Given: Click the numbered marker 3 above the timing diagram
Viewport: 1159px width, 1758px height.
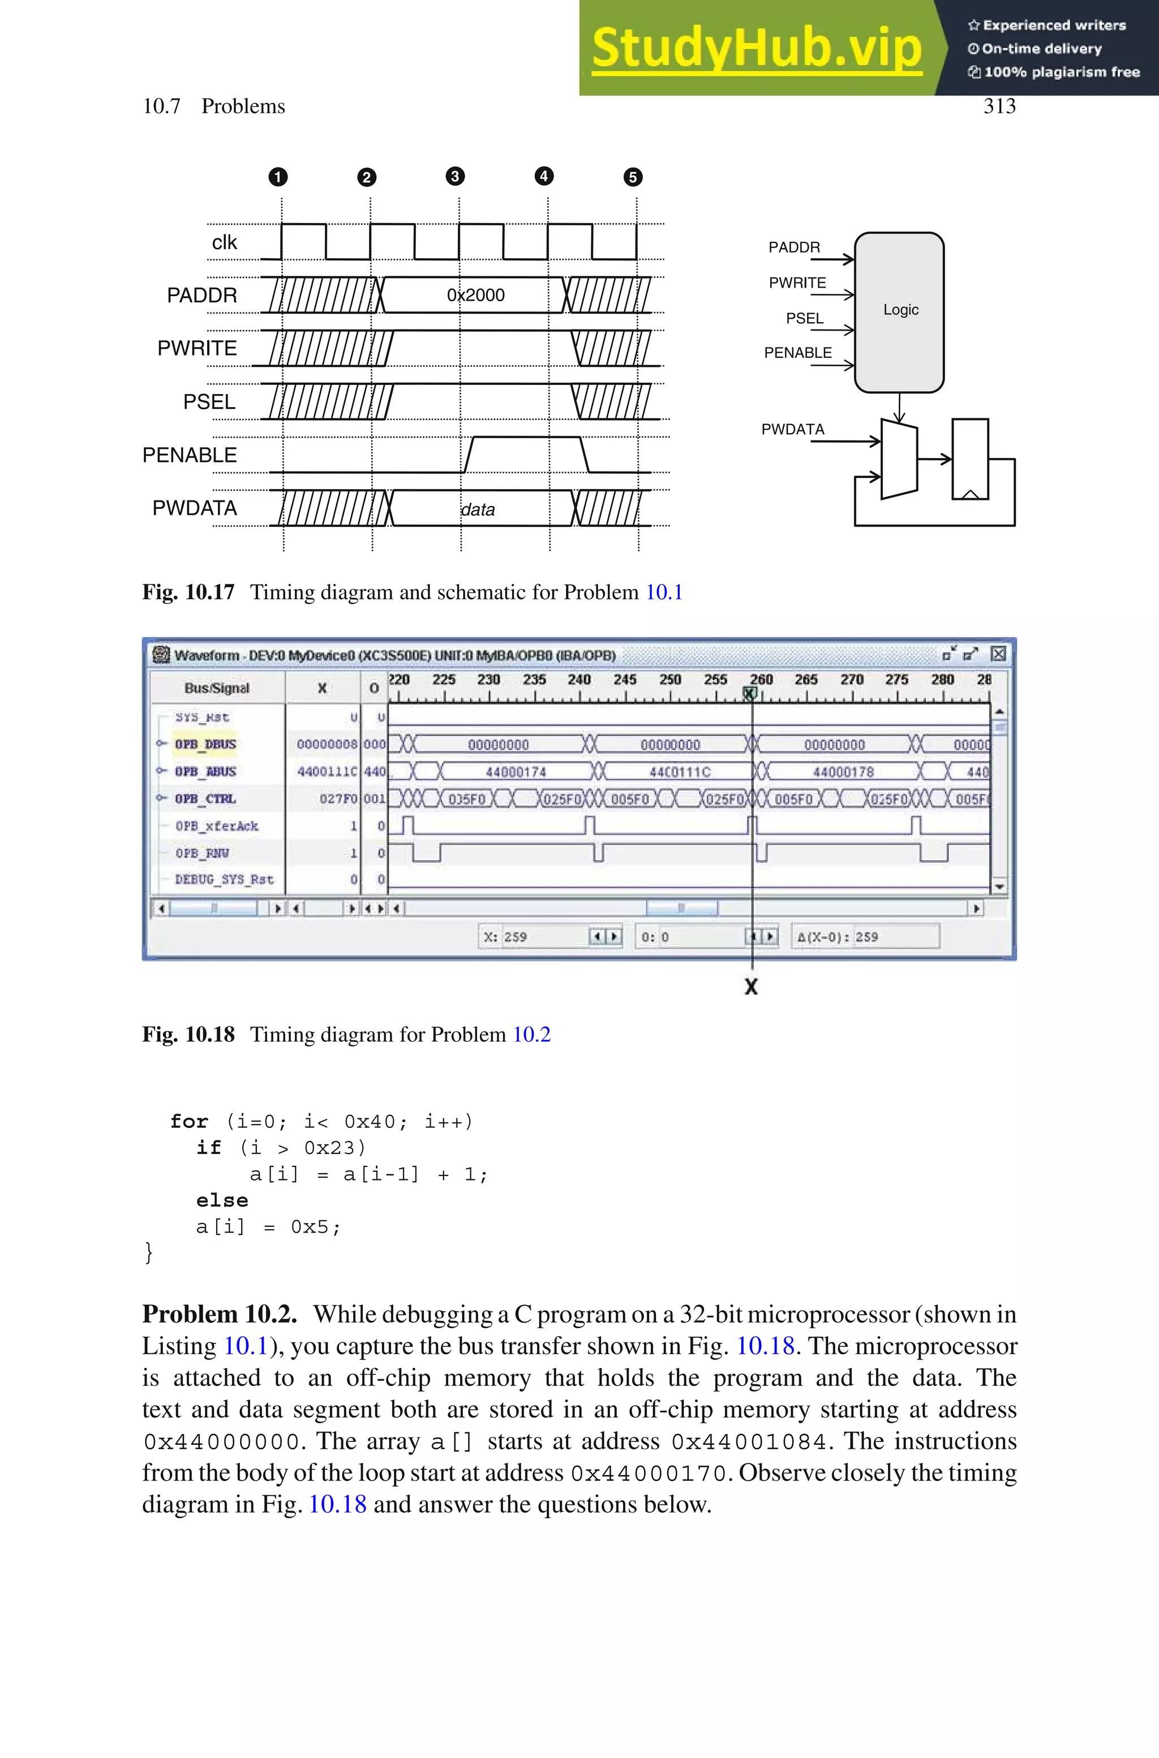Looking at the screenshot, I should [456, 176].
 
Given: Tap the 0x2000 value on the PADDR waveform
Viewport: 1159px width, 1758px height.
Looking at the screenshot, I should [475, 295].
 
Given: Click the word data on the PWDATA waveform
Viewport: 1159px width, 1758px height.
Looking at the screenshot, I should [478, 510].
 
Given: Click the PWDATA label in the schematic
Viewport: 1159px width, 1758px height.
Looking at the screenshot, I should [792, 429].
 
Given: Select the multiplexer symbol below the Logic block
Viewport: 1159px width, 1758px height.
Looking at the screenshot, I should [899, 459].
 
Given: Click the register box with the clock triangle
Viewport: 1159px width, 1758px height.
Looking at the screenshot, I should [970, 459].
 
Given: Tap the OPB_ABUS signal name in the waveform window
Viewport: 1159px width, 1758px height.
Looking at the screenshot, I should [205, 771].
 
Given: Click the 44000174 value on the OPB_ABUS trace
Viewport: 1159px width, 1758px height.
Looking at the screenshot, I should [516, 772].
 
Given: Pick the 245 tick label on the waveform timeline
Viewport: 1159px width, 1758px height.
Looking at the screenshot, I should [625, 679].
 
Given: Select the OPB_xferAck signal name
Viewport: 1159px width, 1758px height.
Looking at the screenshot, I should [217, 825].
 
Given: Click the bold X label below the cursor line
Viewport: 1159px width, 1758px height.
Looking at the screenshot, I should [751, 986].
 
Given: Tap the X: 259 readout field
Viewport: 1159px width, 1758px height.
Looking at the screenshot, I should [532, 936].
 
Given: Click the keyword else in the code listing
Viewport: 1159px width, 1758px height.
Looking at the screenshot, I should [222, 1200].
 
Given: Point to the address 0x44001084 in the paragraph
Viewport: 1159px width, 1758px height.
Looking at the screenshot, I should [749, 1442].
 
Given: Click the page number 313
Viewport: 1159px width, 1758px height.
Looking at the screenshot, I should [999, 106].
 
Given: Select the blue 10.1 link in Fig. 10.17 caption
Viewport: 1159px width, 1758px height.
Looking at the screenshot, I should [664, 592].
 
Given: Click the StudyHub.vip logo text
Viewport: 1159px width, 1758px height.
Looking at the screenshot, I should [756, 48].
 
